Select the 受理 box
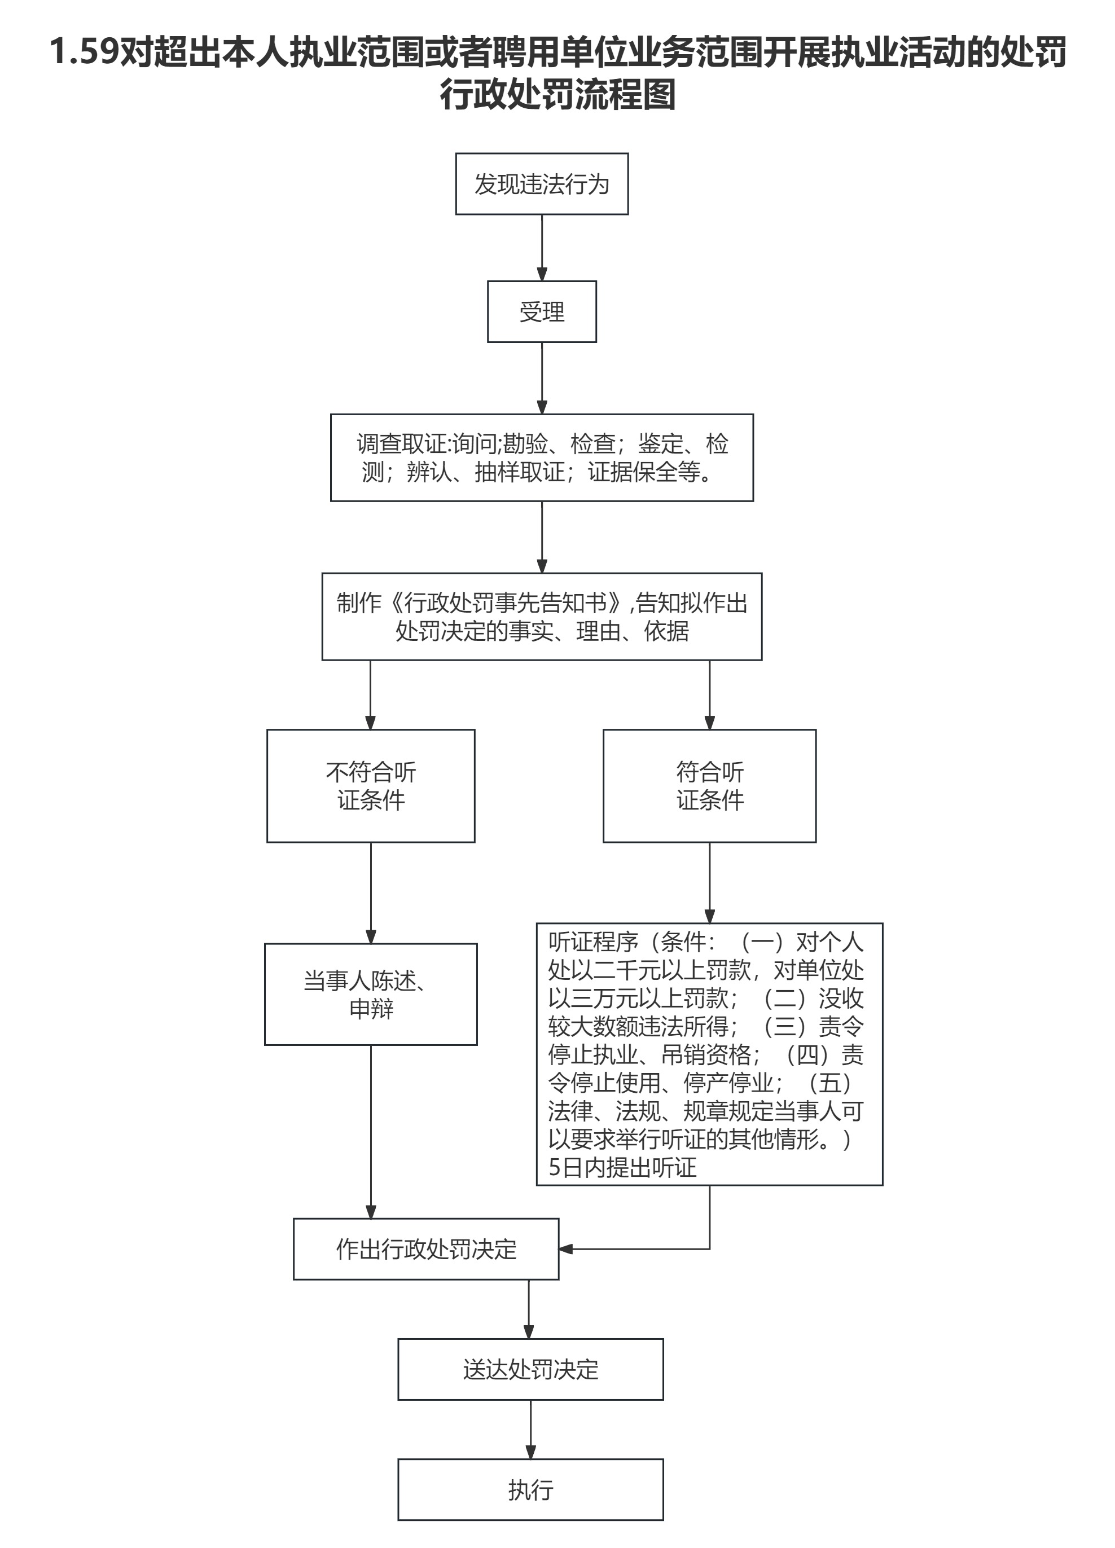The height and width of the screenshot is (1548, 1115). pyautogui.click(x=542, y=311)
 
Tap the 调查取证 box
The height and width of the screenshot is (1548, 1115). pyautogui.click(x=542, y=458)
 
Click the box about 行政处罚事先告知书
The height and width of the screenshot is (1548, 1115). pyautogui.click(x=542, y=617)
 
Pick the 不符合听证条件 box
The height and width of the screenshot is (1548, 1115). pyautogui.click(x=371, y=786)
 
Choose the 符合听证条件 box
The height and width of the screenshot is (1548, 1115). pyautogui.click(x=709, y=786)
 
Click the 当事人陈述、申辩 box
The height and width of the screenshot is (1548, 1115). pyautogui.click(x=371, y=995)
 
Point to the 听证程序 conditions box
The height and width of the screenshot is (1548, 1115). pyautogui.click(x=709, y=1054)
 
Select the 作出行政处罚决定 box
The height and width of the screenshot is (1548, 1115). pyautogui.click(x=426, y=1249)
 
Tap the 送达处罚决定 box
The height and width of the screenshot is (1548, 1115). pyautogui.click(x=530, y=1369)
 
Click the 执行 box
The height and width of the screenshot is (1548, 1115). pyautogui.click(x=530, y=1489)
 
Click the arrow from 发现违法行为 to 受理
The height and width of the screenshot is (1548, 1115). pyautogui.click(x=542, y=247)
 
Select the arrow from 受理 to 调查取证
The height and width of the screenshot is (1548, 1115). pyautogui.click(x=542, y=377)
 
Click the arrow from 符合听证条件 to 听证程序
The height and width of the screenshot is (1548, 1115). pyautogui.click(x=709, y=882)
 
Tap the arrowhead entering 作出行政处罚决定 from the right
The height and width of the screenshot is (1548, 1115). pyautogui.click(x=565, y=1249)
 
